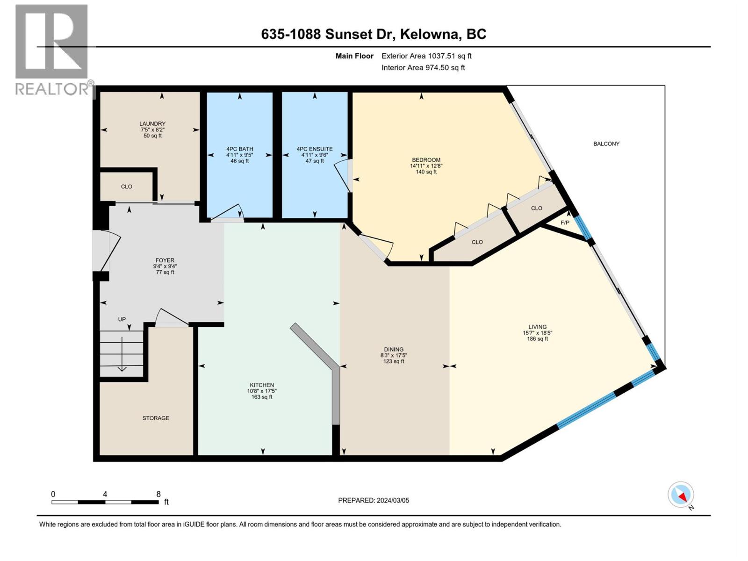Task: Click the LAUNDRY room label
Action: (x=152, y=124)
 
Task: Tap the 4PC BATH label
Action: (x=239, y=149)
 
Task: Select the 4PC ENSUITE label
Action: (x=315, y=149)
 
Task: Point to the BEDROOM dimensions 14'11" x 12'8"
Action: (x=426, y=165)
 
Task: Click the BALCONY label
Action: (x=606, y=144)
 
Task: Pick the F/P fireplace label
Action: (x=565, y=223)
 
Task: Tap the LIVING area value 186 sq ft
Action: (x=537, y=339)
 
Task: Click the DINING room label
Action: (x=394, y=349)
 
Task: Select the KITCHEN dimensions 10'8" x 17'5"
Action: (x=262, y=391)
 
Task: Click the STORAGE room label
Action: (x=156, y=418)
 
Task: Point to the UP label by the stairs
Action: (x=122, y=319)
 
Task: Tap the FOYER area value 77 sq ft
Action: (x=165, y=272)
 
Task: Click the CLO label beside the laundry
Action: (x=127, y=187)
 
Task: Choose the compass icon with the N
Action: (x=681, y=495)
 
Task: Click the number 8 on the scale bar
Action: (x=158, y=494)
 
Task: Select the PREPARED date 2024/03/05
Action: (x=392, y=500)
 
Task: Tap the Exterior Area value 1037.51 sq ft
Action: (x=449, y=56)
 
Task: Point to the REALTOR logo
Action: (x=52, y=49)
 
